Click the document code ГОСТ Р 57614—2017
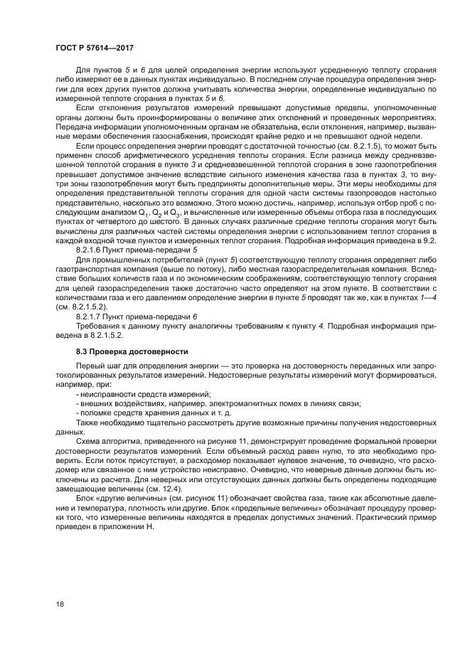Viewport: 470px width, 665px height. (x=95, y=48)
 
